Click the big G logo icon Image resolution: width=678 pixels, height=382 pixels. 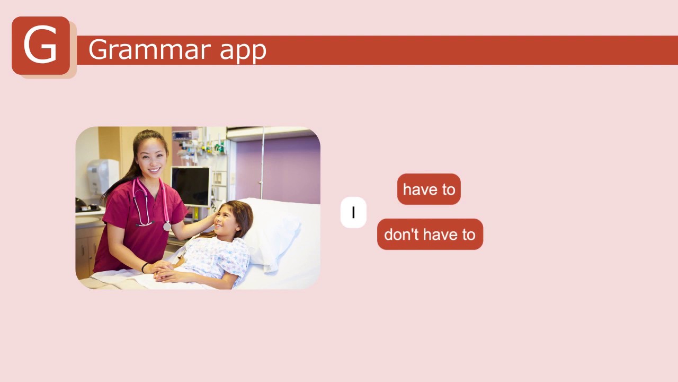(41, 46)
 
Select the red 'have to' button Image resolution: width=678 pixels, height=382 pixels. (429, 189)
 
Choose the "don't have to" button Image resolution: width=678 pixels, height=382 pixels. (430, 235)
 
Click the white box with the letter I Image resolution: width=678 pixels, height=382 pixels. (353, 213)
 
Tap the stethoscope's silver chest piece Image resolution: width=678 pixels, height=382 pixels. (167, 227)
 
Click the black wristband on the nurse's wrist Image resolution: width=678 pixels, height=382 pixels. (144, 267)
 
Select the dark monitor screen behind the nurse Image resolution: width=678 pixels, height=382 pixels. (190, 186)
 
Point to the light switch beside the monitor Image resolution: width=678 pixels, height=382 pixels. (217, 178)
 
